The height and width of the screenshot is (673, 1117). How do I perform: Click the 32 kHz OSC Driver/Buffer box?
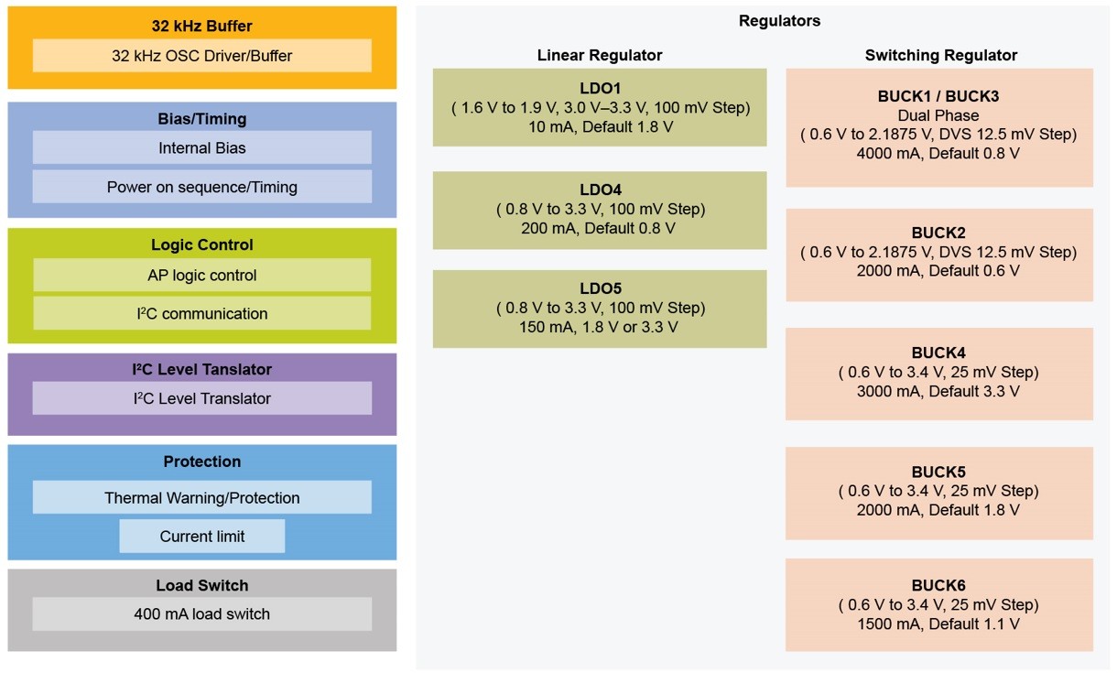201,56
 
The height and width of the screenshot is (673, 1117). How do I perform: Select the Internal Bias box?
201,148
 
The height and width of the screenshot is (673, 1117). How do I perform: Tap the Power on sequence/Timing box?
201,187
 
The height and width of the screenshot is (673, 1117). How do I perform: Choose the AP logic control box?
201,276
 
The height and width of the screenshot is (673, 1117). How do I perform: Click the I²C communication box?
201,314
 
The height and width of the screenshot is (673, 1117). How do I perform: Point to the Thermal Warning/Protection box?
201,498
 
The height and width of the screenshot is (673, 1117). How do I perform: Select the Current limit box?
201,537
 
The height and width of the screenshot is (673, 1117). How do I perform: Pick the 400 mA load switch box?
201,614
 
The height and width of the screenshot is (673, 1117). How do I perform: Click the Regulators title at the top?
779,21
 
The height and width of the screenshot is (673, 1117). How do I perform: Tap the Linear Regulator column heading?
599,56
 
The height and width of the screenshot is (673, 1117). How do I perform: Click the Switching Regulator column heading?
940,56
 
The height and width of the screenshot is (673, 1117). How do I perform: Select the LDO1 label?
600,89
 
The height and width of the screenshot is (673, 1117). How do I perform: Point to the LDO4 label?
600,190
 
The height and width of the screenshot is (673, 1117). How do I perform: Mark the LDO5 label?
600,288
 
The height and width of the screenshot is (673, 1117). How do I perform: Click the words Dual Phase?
938,115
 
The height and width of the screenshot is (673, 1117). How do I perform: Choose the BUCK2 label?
938,233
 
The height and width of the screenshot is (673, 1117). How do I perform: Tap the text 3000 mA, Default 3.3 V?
938,391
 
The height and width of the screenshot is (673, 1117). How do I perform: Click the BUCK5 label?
938,472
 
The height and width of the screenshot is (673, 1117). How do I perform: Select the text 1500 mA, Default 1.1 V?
938,624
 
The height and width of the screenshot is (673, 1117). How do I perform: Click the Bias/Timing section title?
201,119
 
